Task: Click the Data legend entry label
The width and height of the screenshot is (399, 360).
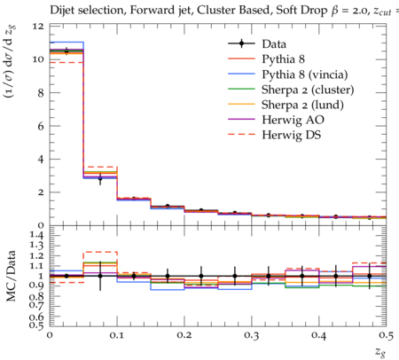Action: point(274,44)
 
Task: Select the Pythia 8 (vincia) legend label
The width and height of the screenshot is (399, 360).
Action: point(304,74)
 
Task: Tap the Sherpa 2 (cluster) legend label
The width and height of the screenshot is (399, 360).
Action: point(308,90)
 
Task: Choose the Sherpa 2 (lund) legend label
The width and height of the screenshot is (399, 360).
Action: point(302,105)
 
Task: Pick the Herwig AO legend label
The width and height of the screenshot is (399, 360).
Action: point(293,120)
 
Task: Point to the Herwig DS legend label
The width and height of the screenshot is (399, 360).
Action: point(292,135)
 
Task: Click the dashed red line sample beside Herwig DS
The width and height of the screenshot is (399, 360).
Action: point(241,135)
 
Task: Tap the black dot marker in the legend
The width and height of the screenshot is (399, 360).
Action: point(241,43)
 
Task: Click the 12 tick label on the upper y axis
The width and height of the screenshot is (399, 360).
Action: point(38,27)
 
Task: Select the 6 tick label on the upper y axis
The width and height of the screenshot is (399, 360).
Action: point(41,126)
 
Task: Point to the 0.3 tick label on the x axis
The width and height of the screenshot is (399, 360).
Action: point(252,335)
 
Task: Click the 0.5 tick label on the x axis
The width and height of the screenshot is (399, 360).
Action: point(387,335)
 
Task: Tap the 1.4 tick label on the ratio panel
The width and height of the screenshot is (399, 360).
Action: point(37,236)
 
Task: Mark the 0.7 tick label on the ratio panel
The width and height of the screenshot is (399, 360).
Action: point(37,306)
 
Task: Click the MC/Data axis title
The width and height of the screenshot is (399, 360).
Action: point(11,276)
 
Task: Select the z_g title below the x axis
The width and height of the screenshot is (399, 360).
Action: point(380,352)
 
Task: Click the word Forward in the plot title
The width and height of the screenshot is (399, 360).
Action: point(149,10)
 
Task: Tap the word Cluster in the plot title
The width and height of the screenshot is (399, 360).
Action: point(214,10)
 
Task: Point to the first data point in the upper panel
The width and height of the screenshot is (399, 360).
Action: point(66,51)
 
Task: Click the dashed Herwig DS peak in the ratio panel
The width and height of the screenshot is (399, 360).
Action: point(101,252)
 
